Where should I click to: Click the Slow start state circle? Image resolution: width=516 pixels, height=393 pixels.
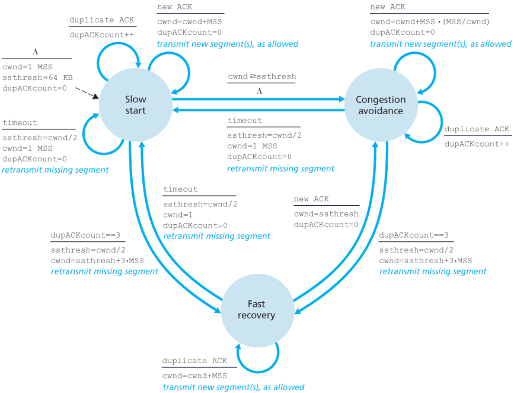(135, 105)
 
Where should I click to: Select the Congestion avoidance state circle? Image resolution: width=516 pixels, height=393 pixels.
(381, 105)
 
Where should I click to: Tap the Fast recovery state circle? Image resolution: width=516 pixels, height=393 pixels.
(256, 310)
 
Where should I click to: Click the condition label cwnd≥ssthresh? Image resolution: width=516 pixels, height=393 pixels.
(262, 76)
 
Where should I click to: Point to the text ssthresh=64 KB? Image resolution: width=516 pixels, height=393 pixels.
(38, 78)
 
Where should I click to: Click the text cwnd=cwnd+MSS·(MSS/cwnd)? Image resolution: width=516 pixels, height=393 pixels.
(429, 22)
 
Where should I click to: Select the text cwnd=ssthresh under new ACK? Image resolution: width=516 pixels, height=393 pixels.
(326, 214)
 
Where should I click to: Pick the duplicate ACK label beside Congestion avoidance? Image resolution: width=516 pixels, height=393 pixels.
(477, 129)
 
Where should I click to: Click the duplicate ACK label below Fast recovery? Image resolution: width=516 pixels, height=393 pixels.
(194, 361)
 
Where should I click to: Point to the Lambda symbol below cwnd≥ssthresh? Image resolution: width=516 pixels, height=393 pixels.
(259, 91)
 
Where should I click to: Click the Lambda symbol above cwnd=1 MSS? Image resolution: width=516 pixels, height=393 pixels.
(35, 52)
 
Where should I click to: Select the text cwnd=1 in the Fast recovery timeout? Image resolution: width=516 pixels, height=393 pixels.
(178, 215)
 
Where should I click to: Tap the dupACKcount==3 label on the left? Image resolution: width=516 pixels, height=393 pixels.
(85, 235)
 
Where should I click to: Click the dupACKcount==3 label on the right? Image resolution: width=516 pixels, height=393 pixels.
(413, 235)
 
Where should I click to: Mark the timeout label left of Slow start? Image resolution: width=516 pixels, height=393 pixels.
(20, 123)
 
